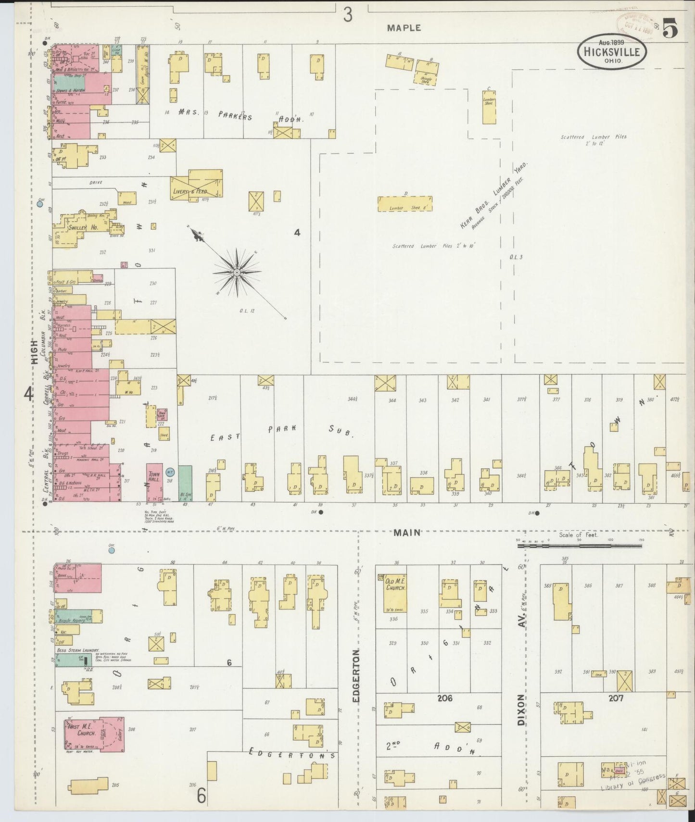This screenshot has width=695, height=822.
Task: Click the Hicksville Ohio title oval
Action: (x=612, y=51)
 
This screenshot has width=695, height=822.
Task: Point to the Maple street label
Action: (x=404, y=28)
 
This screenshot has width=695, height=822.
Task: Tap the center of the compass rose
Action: (x=237, y=273)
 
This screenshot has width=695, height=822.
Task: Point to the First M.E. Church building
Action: (x=94, y=734)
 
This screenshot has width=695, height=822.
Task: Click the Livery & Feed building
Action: (x=197, y=185)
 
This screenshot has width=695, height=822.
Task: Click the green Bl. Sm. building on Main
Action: (x=185, y=483)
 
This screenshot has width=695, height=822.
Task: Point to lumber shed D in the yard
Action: (x=404, y=204)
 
